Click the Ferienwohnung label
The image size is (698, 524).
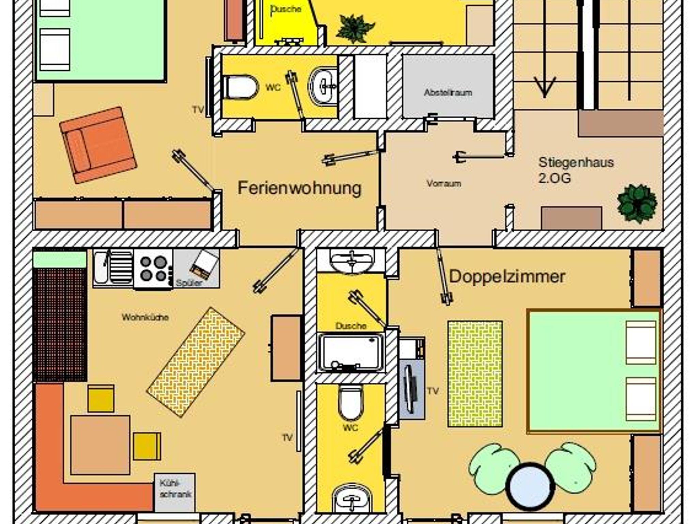299,188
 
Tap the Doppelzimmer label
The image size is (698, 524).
507,277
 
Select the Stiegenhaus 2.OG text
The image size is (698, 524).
576,170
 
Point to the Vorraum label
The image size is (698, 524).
444,184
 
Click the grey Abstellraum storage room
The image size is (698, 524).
448,86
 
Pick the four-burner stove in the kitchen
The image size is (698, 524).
153,269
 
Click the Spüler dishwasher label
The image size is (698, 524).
189,283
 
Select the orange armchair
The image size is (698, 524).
98,145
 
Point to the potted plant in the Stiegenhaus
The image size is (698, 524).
637,203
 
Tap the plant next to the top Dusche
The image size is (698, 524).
355,29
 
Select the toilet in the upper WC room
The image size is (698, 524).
240,87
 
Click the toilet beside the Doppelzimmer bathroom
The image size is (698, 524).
351,403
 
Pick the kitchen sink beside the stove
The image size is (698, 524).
113,268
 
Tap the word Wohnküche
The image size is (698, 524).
145,318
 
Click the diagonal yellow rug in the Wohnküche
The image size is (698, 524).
196,362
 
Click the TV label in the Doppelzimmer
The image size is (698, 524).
433,391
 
